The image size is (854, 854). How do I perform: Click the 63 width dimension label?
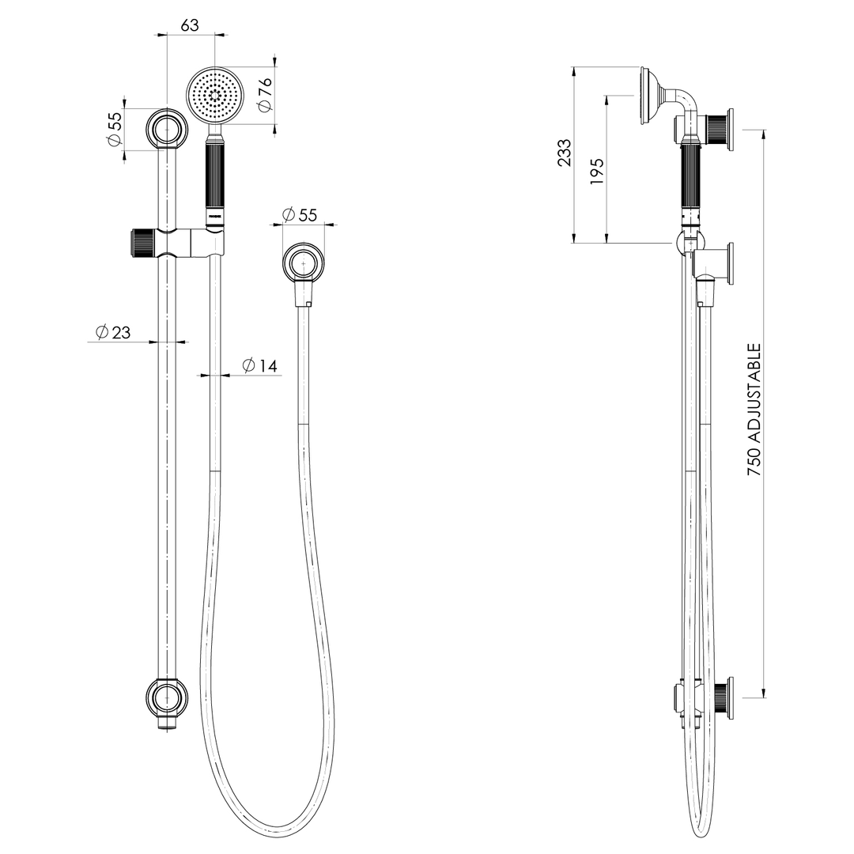(190, 25)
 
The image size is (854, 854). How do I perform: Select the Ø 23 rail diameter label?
(113, 333)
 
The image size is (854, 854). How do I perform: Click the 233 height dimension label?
(564, 153)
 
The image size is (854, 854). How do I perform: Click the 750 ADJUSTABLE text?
(754, 409)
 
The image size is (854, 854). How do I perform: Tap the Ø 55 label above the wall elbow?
(299, 215)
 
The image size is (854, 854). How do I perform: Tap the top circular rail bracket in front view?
(168, 128)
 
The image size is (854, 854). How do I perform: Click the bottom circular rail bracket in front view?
(168, 697)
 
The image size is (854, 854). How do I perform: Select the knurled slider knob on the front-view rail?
(140, 242)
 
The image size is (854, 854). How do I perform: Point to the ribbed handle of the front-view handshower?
(215, 177)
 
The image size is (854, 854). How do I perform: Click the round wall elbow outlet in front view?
(304, 263)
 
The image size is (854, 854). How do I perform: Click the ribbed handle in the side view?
(691, 177)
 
